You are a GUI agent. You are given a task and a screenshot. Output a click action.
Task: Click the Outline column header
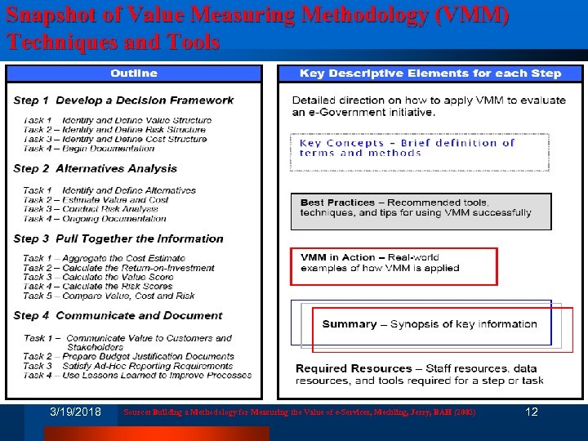(134, 73)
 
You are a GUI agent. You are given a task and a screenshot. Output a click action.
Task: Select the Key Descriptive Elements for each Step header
(430, 73)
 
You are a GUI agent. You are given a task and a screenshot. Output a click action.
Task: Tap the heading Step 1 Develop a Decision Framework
(123, 100)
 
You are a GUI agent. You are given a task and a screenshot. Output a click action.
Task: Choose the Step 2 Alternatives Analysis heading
(95, 169)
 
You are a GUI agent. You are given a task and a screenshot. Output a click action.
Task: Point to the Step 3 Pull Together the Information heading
(118, 239)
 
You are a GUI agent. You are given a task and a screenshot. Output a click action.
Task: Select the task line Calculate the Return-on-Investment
(119, 268)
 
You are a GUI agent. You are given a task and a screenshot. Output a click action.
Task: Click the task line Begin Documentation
(89, 149)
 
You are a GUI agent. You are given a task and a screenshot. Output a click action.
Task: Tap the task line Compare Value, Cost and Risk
(109, 296)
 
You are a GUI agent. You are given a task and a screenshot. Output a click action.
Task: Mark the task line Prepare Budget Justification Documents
(129, 356)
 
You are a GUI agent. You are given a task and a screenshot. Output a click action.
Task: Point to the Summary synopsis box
(430, 324)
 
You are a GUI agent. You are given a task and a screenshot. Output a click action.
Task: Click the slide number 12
(532, 412)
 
